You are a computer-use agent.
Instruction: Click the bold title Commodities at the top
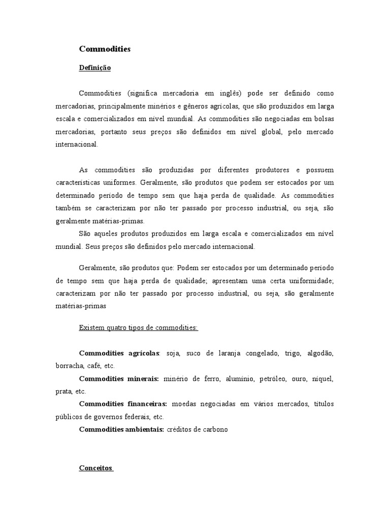point(105,49)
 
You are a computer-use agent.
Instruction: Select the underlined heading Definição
point(94,67)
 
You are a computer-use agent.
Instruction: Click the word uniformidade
point(309,281)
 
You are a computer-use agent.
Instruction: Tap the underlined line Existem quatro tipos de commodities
point(139,328)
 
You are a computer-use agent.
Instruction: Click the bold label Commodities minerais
point(119,379)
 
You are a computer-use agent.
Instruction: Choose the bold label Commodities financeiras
point(123,404)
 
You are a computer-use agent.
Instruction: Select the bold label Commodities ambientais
point(121,429)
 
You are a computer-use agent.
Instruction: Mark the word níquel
point(322,379)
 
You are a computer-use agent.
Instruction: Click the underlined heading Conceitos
point(96,468)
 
